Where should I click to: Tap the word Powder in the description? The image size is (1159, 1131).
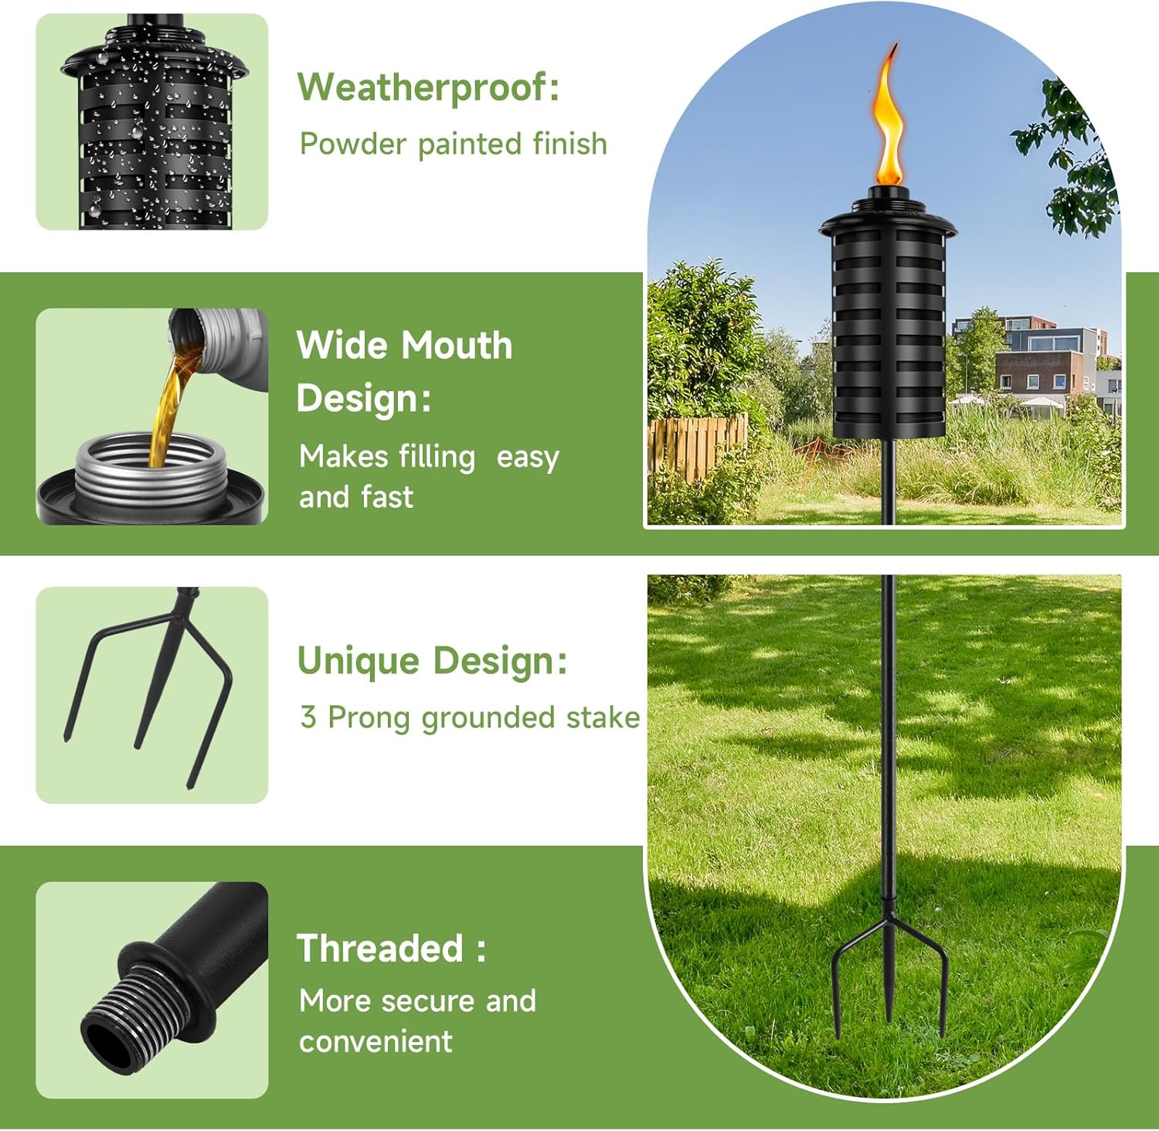tap(352, 145)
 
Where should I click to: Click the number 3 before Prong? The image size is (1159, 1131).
tap(308, 717)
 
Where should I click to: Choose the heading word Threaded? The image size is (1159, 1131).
tap(379, 949)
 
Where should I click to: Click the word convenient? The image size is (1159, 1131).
tap(376, 1041)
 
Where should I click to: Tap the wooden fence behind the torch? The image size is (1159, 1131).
tap(695, 445)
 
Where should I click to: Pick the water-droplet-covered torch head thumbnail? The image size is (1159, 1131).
tap(152, 122)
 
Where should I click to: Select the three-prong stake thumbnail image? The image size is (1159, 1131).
tap(152, 694)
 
